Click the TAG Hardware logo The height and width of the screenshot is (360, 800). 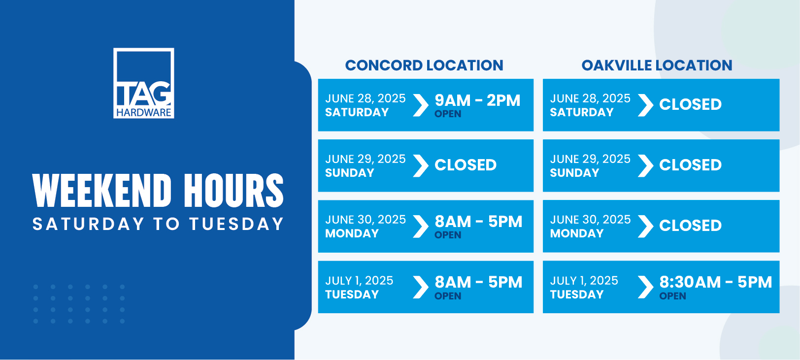tap(143, 83)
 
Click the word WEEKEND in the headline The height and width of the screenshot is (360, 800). tap(102, 191)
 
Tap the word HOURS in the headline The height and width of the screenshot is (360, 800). tap(234, 191)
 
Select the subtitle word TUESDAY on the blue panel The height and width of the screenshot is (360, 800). tap(236, 224)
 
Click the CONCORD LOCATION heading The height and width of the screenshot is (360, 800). tap(424, 65)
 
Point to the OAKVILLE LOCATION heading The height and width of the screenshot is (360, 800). tap(657, 65)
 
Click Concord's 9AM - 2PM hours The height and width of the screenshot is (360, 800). tap(477, 100)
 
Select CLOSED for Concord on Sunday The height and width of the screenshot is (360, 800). tap(466, 165)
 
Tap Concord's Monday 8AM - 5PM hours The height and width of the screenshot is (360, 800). tap(478, 222)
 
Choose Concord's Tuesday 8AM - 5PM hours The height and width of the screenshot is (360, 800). tap(478, 283)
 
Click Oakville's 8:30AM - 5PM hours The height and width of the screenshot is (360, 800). tap(715, 283)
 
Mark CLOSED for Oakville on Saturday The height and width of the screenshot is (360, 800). tap(690, 104)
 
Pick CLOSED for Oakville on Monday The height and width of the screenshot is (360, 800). tap(690, 226)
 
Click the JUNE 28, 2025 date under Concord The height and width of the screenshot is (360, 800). tap(366, 98)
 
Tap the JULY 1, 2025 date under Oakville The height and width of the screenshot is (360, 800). tap(584, 281)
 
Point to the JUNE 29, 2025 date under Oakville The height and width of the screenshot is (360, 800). tap(590, 159)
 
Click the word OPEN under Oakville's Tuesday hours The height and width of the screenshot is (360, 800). tap(672, 296)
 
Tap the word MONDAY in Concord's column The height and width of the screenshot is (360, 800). tap(352, 233)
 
